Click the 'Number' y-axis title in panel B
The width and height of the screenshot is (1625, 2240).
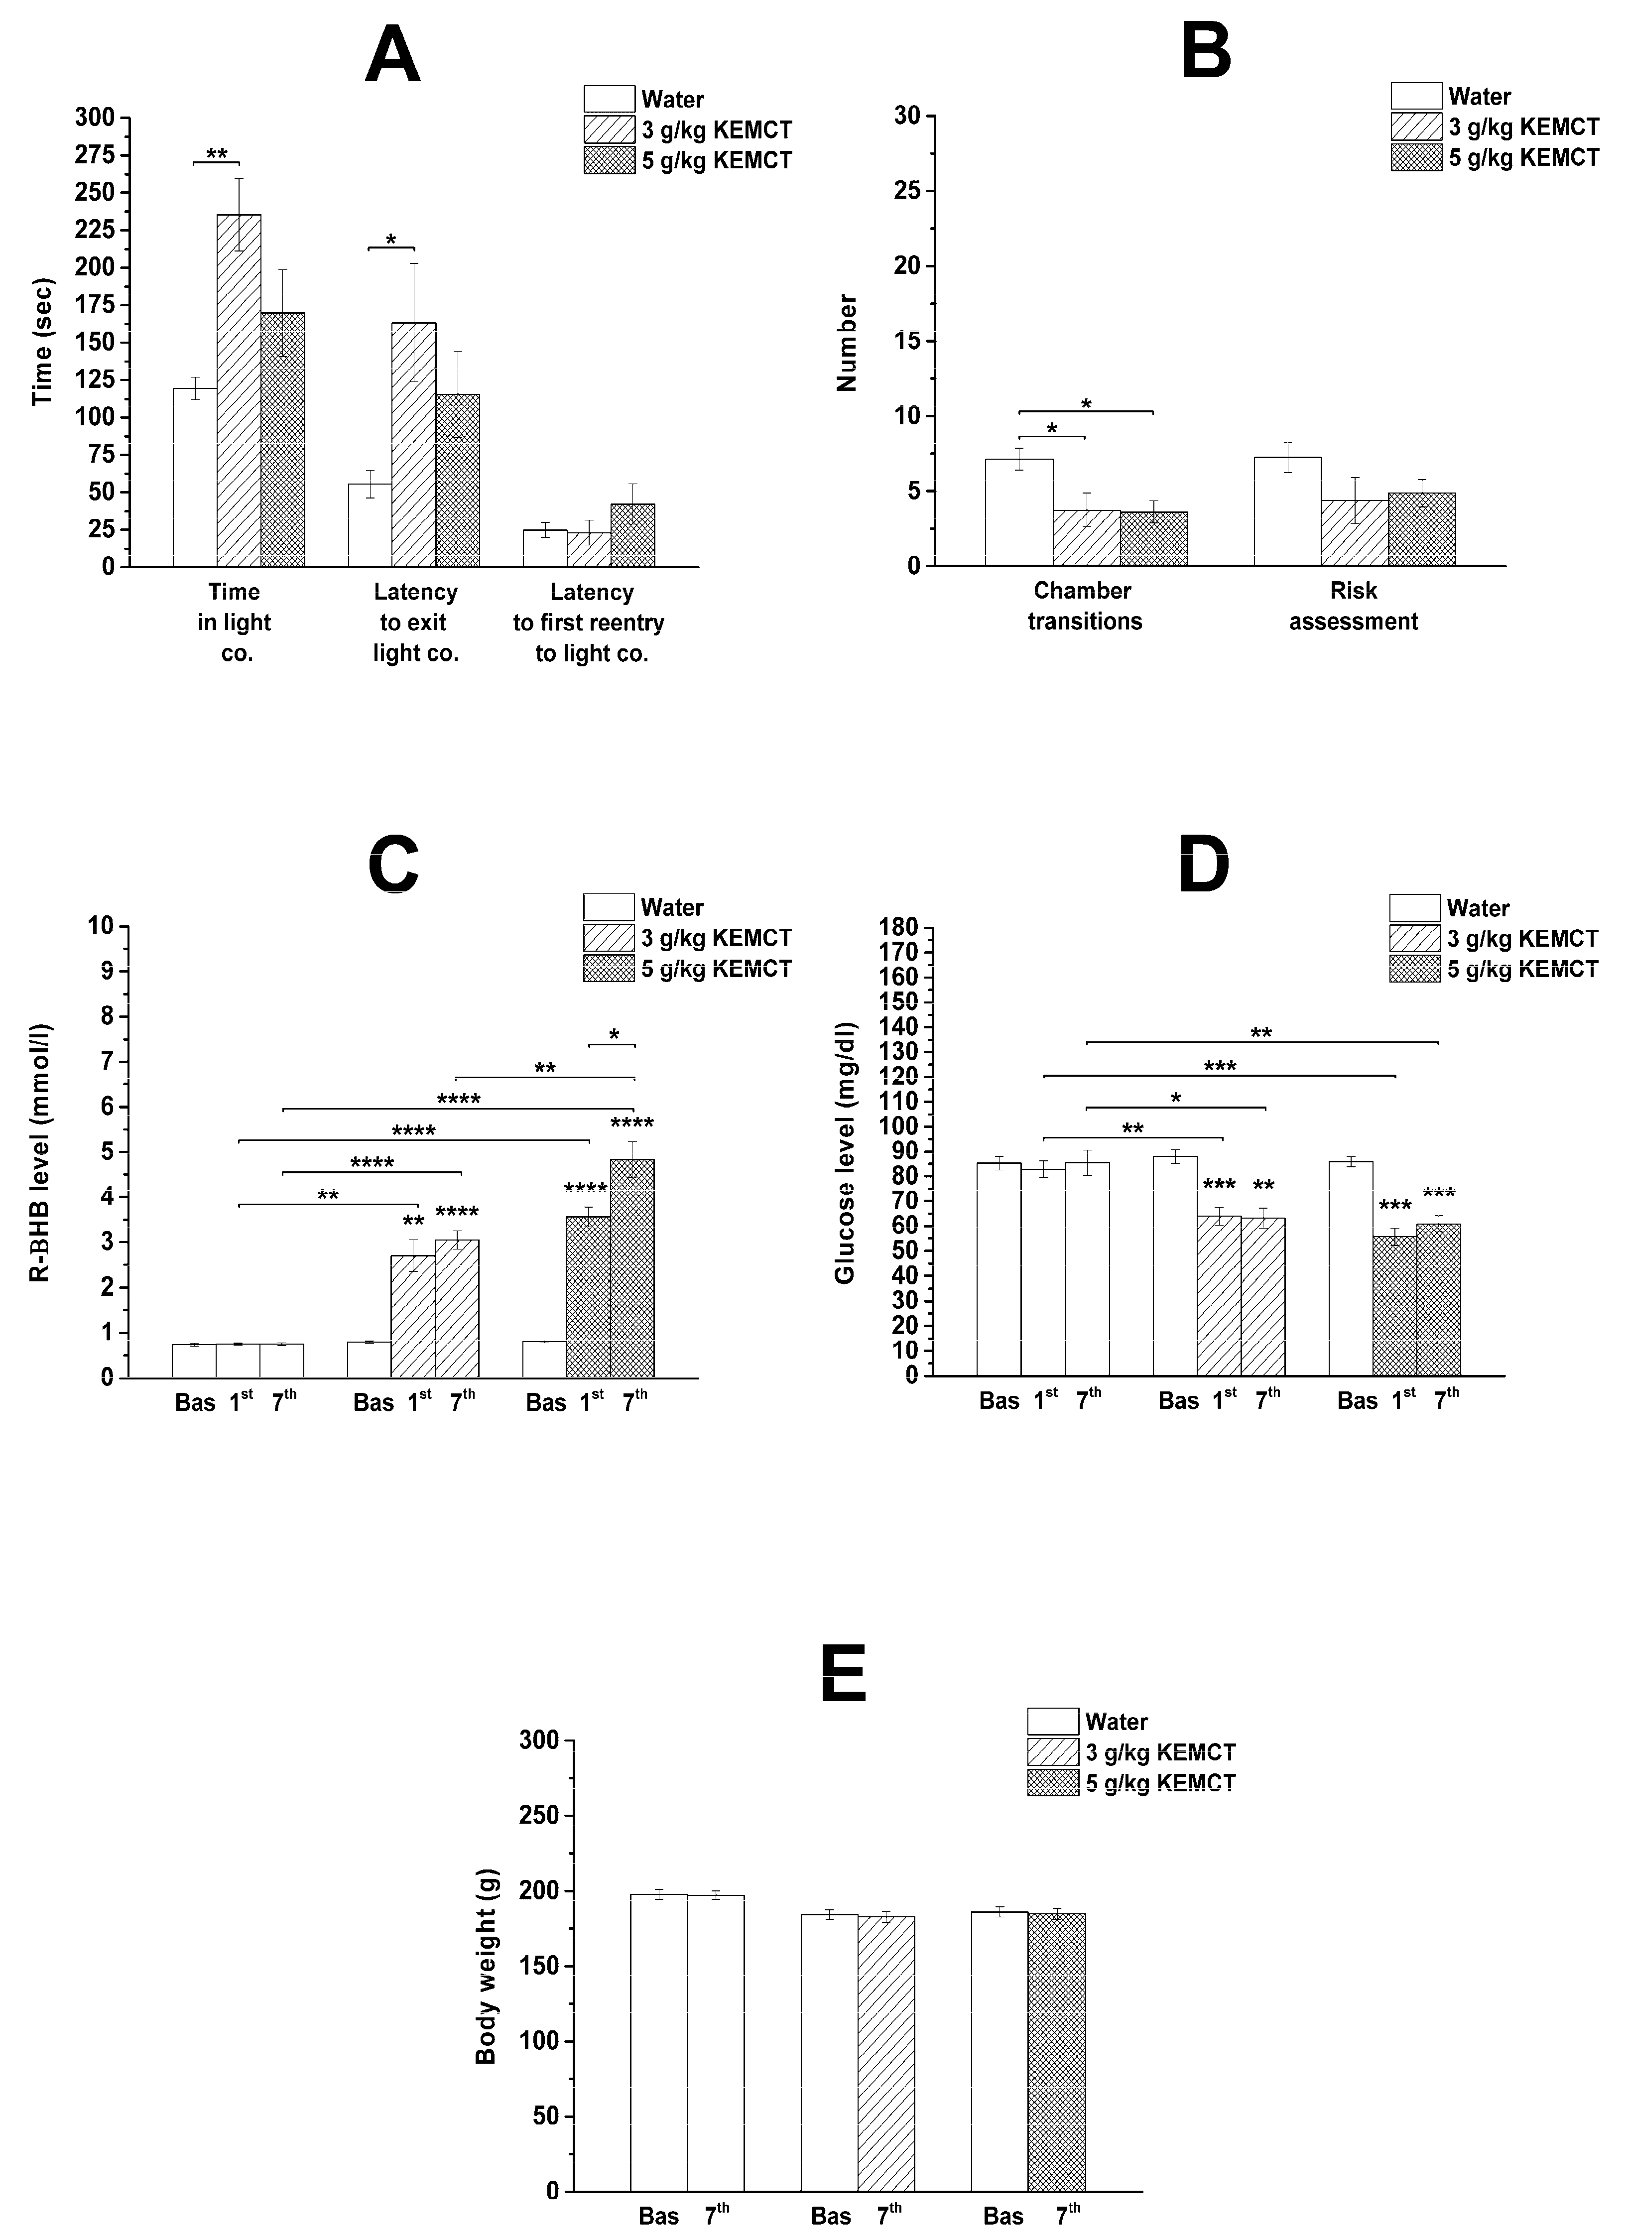[847, 343]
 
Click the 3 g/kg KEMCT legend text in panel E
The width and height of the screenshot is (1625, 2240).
[1161, 1752]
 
